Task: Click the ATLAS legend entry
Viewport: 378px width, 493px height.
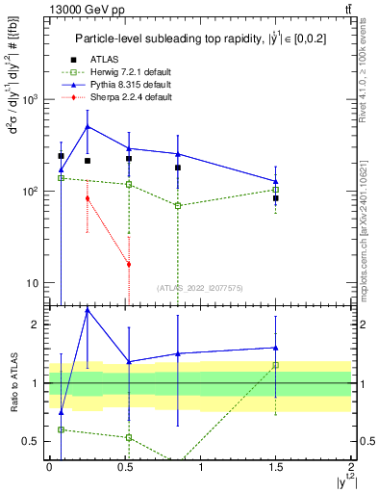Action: click(106, 61)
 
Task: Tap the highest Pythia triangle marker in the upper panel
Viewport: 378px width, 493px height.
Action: click(88, 126)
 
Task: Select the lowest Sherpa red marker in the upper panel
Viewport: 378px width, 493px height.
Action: click(129, 264)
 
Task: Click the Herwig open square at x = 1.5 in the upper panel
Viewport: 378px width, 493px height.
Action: click(276, 190)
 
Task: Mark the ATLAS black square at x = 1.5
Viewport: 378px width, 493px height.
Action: click(276, 198)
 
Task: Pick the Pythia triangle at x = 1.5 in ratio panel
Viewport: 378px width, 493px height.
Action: click(276, 348)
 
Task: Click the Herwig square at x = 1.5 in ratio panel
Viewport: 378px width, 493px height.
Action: click(276, 365)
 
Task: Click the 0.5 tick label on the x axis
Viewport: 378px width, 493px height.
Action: click(125, 466)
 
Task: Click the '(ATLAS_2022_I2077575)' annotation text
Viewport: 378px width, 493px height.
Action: click(198, 287)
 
